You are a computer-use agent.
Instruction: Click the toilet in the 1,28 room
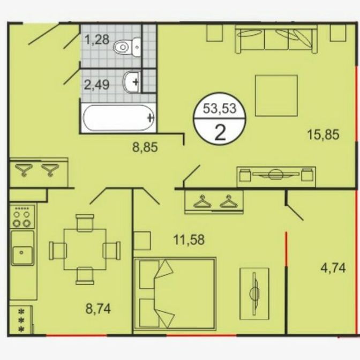coord(127,47)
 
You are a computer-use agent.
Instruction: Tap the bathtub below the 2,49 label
coord(118,118)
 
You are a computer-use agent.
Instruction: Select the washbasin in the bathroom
coord(132,82)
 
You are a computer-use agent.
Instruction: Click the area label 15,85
coord(323,134)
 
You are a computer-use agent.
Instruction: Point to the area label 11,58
coord(189,239)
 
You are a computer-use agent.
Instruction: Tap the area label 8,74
coord(98,309)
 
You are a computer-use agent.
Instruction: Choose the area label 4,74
coord(333,268)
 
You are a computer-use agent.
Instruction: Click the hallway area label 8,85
coord(145,147)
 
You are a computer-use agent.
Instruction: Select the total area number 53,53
coord(220,109)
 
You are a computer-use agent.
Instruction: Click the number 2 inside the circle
coord(220,133)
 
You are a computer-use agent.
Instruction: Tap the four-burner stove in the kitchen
coord(22,216)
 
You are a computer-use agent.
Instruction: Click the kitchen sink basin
coord(22,255)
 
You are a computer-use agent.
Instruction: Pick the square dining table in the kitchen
coord(85,249)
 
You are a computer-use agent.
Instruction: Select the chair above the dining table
coord(85,223)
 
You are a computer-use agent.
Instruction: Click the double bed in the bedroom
coord(175,294)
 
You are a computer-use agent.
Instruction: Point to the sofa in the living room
coord(276,39)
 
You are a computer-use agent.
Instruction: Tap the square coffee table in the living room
coord(276,95)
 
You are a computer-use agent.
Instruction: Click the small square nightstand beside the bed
coord(142,241)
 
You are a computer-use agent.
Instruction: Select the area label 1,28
coord(96,40)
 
